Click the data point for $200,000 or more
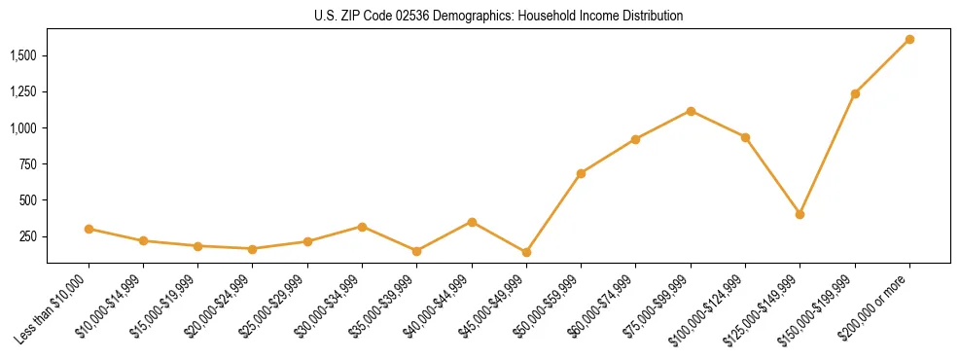tap(909, 40)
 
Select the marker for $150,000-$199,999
tap(855, 94)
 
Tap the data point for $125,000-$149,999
tap(800, 214)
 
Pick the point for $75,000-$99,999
tap(691, 111)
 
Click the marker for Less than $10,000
tap(89, 229)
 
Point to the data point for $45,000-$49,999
tap(526, 252)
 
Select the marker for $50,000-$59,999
tap(581, 173)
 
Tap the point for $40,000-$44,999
tap(472, 222)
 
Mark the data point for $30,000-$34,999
tap(362, 227)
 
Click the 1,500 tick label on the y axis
tap(23, 55)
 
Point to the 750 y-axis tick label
tap(28, 164)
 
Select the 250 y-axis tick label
tap(28, 236)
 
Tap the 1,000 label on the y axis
tap(23, 128)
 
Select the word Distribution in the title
tap(649, 17)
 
